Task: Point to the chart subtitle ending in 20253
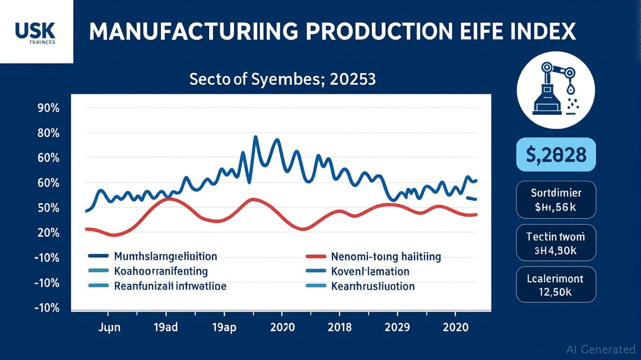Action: point(282,79)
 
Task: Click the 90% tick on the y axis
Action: point(47,108)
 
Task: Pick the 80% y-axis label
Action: point(47,133)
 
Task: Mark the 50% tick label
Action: point(47,208)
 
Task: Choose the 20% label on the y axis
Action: point(47,233)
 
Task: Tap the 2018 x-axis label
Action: point(339,327)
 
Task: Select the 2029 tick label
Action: point(397,327)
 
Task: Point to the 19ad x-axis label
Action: point(165,327)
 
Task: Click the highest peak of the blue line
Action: point(255,137)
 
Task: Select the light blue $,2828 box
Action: point(556,154)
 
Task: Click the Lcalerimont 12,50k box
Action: point(556,285)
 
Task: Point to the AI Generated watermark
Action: point(600,349)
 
